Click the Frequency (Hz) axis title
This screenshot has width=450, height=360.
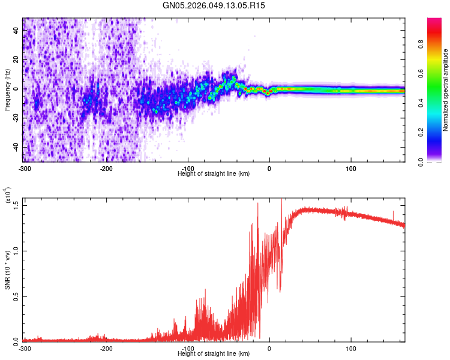[7, 89]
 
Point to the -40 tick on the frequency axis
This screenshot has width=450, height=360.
[14, 147]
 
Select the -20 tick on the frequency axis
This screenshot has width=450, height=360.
[14, 118]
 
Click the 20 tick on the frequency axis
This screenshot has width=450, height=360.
[16, 60]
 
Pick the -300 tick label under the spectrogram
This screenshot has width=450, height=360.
[25, 168]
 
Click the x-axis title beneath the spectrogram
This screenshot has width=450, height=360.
[214, 173]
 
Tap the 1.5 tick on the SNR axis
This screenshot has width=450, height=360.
[17, 205]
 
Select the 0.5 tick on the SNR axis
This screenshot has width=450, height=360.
[17, 296]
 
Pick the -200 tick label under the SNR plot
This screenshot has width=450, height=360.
[107, 349]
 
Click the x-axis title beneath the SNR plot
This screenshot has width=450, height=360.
[214, 354]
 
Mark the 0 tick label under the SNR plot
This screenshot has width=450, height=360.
[269, 349]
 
